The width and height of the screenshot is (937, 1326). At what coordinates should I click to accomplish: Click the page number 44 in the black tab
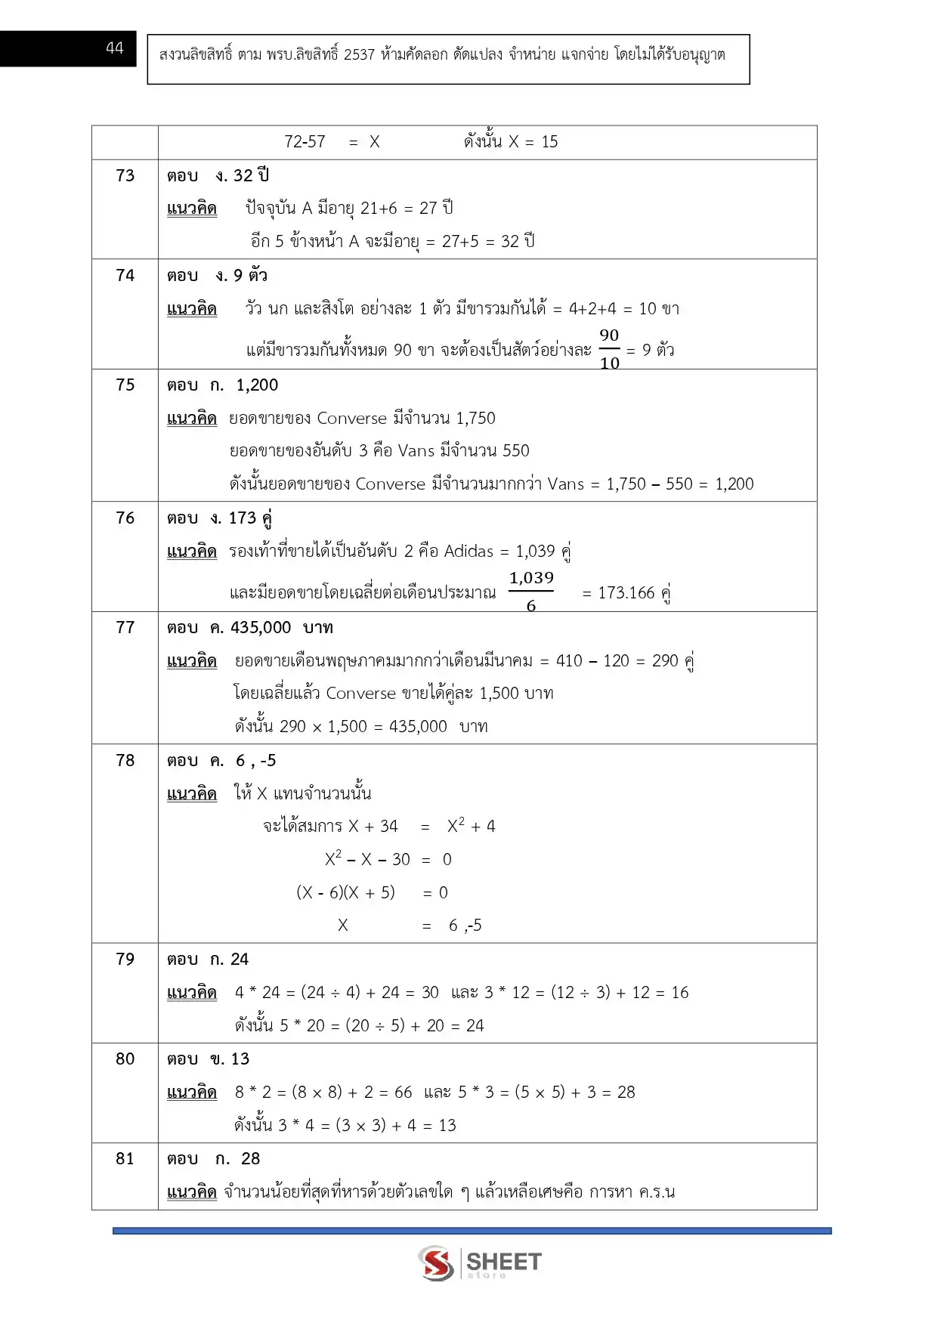pos(114,48)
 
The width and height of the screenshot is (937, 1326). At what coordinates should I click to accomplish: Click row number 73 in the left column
pos(125,175)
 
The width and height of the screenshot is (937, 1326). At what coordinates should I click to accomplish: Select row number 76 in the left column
pos(125,518)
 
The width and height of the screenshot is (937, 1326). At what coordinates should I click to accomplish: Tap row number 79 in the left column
pos(125,959)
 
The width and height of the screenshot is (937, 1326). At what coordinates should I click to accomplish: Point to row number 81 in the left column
pos(125,1158)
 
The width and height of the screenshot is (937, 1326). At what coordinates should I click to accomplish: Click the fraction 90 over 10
pos(609,349)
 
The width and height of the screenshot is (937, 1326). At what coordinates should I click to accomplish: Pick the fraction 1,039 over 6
pos(531,592)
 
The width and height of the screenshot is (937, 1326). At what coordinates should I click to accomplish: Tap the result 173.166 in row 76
pos(626,592)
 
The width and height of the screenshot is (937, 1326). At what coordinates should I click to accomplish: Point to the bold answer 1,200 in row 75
pos(257,385)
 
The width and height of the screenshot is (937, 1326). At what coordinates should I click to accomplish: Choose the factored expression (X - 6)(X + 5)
pos(345,892)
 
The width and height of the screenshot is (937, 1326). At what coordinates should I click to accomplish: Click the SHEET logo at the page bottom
pos(481,1263)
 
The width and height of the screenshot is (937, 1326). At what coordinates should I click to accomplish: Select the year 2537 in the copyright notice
pos(359,54)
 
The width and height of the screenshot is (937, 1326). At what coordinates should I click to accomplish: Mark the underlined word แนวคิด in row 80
pos(192,1092)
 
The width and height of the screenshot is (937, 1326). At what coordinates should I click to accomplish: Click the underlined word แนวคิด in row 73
pos(192,208)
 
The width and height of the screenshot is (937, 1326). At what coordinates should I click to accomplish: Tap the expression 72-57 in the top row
pos(305,141)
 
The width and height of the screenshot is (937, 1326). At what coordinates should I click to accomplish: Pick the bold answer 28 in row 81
pos(250,1158)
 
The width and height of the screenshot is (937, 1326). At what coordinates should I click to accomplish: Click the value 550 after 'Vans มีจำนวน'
pos(515,450)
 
